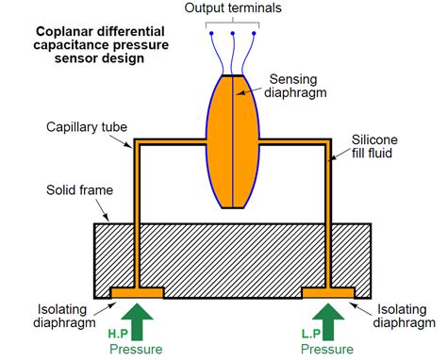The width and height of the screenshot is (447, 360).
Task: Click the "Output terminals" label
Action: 234,9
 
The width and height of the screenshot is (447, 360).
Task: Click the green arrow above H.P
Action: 138,320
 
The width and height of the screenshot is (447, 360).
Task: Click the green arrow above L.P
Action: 328,320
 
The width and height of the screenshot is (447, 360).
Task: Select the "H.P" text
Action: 118,334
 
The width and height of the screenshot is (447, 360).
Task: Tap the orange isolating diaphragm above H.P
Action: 138,293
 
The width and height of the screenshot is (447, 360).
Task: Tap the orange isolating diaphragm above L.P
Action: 328,293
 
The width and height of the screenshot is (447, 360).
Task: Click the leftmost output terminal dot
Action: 211,33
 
